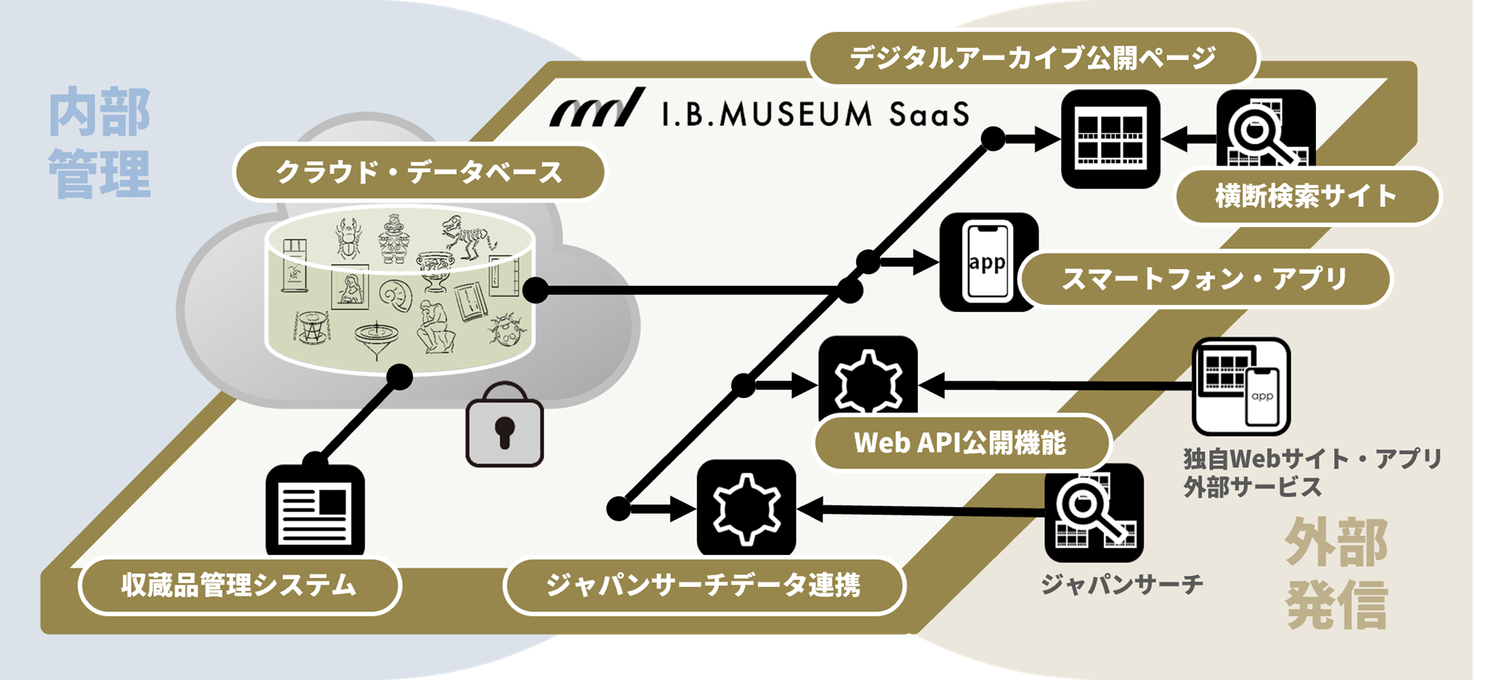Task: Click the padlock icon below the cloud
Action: pyautogui.click(x=505, y=425)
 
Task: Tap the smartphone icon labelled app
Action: pyautogui.click(x=988, y=262)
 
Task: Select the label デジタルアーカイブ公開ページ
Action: pyautogui.click(x=1032, y=57)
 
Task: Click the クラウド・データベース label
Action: pyautogui.click(x=419, y=172)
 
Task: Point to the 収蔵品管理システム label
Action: pyautogui.click(x=239, y=585)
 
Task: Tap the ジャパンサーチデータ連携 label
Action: pyautogui.click(x=704, y=585)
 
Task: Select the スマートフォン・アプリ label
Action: pyautogui.click(x=1204, y=279)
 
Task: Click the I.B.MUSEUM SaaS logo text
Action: pyautogui.click(x=814, y=114)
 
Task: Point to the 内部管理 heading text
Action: pyautogui.click(x=99, y=143)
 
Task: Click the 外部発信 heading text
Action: pyautogui.click(x=1336, y=573)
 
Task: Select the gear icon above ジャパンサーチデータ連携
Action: pyautogui.click(x=746, y=508)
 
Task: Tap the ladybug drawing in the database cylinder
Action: pyautogui.click(x=506, y=329)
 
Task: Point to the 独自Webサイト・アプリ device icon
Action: pyautogui.click(x=1240, y=387)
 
